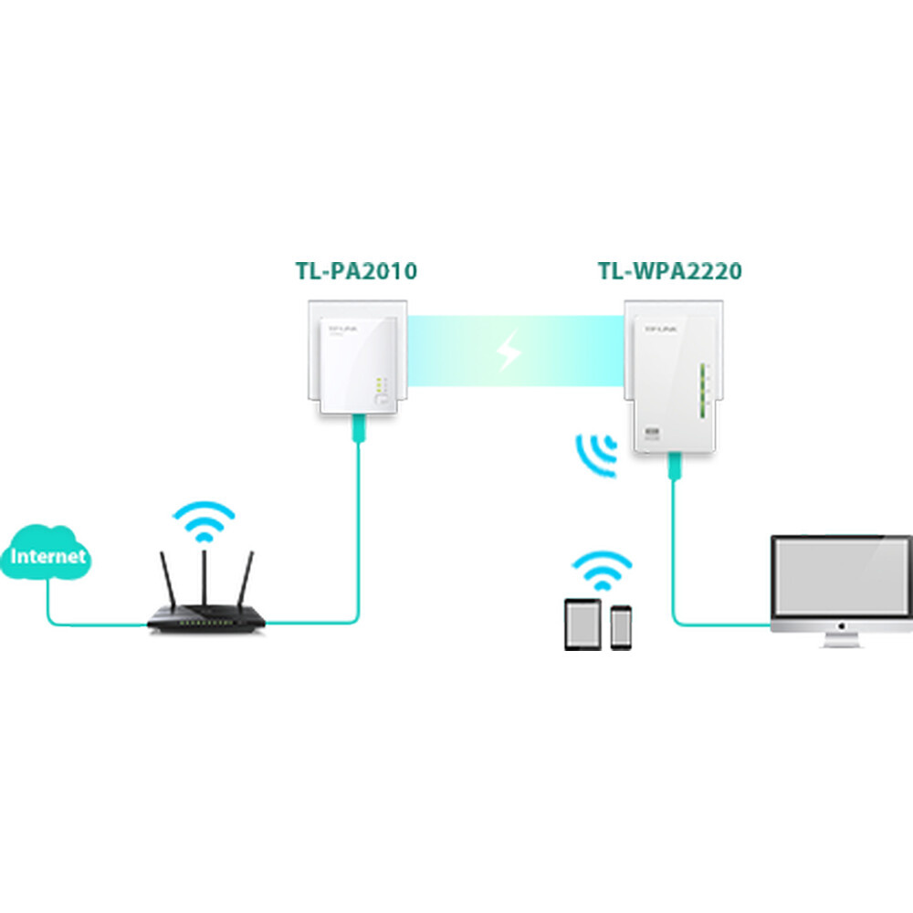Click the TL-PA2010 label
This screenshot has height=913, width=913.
click(356, 271)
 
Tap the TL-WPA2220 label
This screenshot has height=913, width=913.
click(669, 271)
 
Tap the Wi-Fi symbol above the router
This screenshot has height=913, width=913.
click(204, 520)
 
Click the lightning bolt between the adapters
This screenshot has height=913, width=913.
click(509, 352)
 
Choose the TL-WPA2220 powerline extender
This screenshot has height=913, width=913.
click(671, 374)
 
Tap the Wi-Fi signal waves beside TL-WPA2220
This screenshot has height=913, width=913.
click(595, 454)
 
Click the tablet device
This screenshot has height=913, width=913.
click(582, 625)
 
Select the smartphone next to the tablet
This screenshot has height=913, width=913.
click(622, 628)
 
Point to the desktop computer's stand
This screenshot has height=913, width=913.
click(841, 638)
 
